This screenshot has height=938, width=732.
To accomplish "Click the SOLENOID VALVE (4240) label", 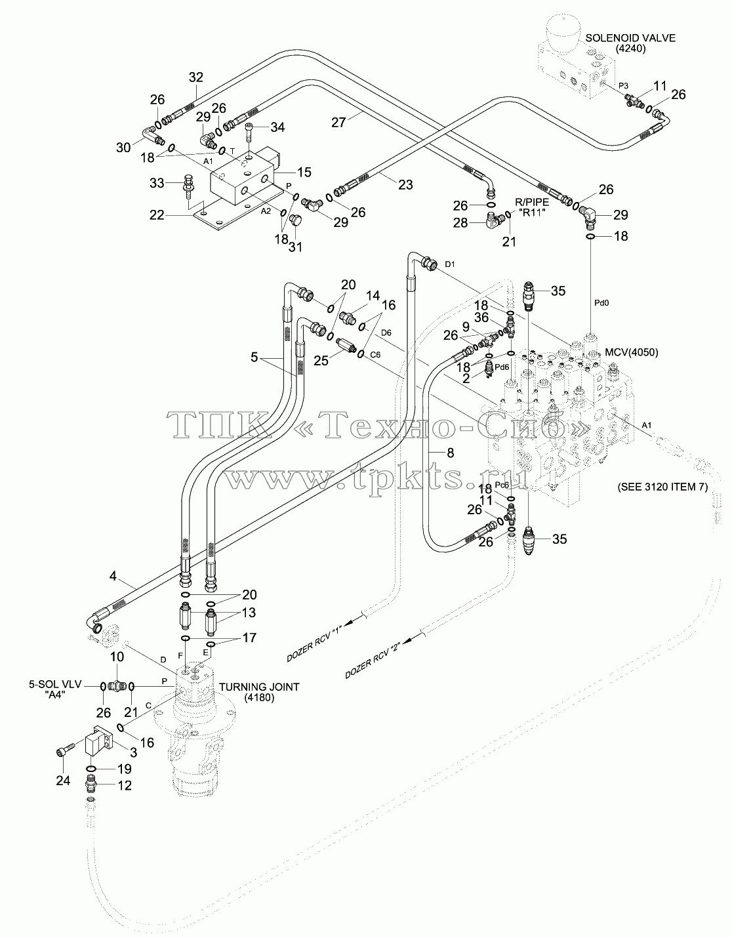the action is click(x=630, y=43).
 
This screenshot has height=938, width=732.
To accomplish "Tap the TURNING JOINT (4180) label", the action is click(x=259, y=692).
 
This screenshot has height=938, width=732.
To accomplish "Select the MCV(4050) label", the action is click(x=632, y=352).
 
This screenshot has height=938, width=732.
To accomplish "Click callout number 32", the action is click(x=196, y=77).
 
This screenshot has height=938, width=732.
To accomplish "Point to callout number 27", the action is click(x=339, y=123).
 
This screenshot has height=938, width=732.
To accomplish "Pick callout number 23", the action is click(x=405, y=185).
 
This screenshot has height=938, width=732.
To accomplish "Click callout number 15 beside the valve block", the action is click(x=304, y=173).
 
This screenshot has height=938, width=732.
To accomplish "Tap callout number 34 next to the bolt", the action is click(x=277, y=127).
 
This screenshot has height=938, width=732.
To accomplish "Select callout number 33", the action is click(x=157, y=183).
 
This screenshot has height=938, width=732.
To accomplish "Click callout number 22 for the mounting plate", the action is click(x=157, y=215).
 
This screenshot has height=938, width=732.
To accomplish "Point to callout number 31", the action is click(x=296, y=247).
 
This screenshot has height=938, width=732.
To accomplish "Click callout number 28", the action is click(x=460, y=223).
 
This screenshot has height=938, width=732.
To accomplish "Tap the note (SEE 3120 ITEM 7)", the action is click(x=662, y=487).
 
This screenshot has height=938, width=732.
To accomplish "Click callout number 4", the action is click(x=113, y=576).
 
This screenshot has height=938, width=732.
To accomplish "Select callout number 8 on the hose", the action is click(x=451, y=453).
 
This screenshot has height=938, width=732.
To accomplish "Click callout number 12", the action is click(x=125, y=785).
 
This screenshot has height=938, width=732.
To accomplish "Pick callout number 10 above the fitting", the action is click(x=117, y=657).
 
